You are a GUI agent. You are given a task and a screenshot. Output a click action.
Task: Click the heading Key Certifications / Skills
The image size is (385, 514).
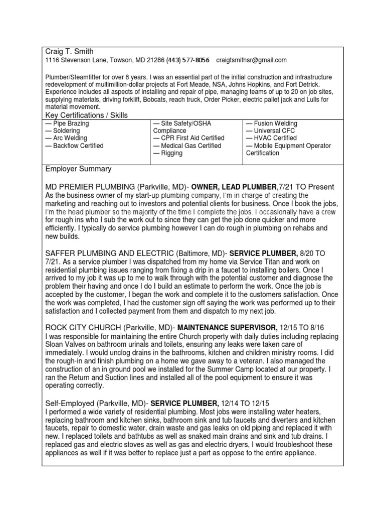pyautogui.click(x=86, y=115)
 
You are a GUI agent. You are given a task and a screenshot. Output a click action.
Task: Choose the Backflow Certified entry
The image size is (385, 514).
pyautogui.click(x=74, y=146)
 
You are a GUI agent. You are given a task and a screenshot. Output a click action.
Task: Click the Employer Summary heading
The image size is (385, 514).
pyautogui.click(x=78, y=169)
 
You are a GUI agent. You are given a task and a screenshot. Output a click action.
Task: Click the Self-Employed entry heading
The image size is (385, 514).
pyautogui.click(x=70, y=403)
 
